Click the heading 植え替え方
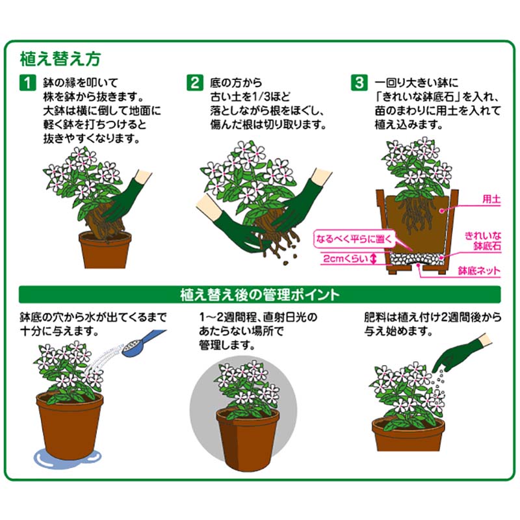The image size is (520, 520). tap(60, 59)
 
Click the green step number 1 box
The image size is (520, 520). tap(27, 83)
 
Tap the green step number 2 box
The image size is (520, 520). tap(194, 83)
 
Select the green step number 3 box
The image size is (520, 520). tap(359, 83)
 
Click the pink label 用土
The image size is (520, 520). tap(491, 200)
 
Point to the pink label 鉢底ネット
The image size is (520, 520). tap(479, 271)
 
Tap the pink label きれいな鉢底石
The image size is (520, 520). tap(483, 241)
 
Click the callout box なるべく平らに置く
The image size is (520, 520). tap(354, 239)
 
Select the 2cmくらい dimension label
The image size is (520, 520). tap(346, 259)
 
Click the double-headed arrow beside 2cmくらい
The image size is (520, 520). tap(373, 259)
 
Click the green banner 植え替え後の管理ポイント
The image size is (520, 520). tap(259, 294)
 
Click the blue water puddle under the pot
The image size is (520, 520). tap(68, 458)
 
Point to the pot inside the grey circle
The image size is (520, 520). tap(247, 438)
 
